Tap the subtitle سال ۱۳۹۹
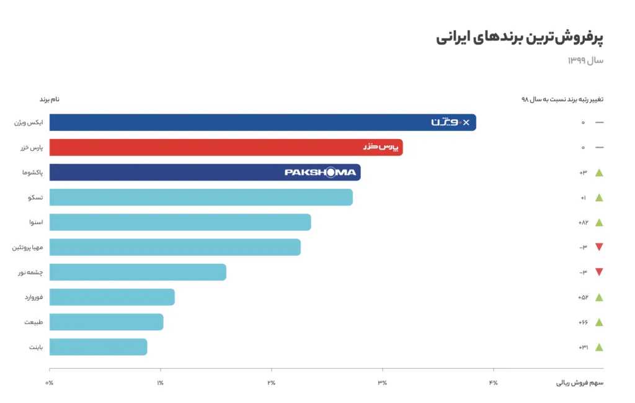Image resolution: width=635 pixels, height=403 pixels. pyautogui.click(x=585, y=60)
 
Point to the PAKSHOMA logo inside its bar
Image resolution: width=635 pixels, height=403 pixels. pyautogui.click(x=320, y=172)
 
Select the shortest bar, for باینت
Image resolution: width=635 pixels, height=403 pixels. pyautogui.click(x=98, y=346)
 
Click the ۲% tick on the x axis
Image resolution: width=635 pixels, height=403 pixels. pyautogui.click(x=271, y=383)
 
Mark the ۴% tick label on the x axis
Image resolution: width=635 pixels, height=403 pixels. pyautogui.click(x=493, y=383)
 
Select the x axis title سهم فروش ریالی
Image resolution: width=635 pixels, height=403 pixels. pyautogui.click(x=579, y=383)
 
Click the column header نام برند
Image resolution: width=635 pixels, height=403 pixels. pyautogui.click(x=50, y=99)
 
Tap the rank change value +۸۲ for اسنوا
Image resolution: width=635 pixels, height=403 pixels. pyautogui.click(x=582, y=222)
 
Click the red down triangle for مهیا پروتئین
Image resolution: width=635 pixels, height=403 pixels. pyautogui.click(x=599, y=247)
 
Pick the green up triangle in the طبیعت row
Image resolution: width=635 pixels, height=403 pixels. pyautogui.click(x=599, y=322)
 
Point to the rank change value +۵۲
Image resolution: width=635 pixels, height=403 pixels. pyautogui.click(x=582, y=297)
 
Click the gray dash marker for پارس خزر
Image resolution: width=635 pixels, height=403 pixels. pyautogui.click(x=599, y=147)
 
